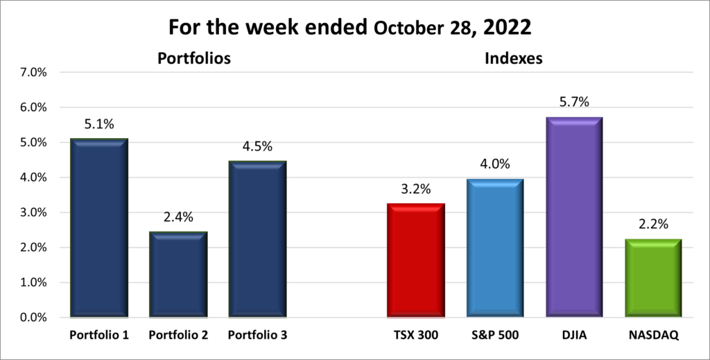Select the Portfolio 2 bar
tap(178, 274)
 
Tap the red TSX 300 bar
tap(415, 260)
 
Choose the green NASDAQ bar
tap(652, 277)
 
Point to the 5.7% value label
tap(573, 102)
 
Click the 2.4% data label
tap(178, 217)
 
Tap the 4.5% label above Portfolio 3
tap(257, 146)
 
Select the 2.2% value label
tap(652, 225)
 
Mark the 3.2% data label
tap(415, 189)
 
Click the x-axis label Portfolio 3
tap(257, 335)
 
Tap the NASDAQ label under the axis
tap(652, 335)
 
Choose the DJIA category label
tap(573, 335)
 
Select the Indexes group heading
tap(512, 59)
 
